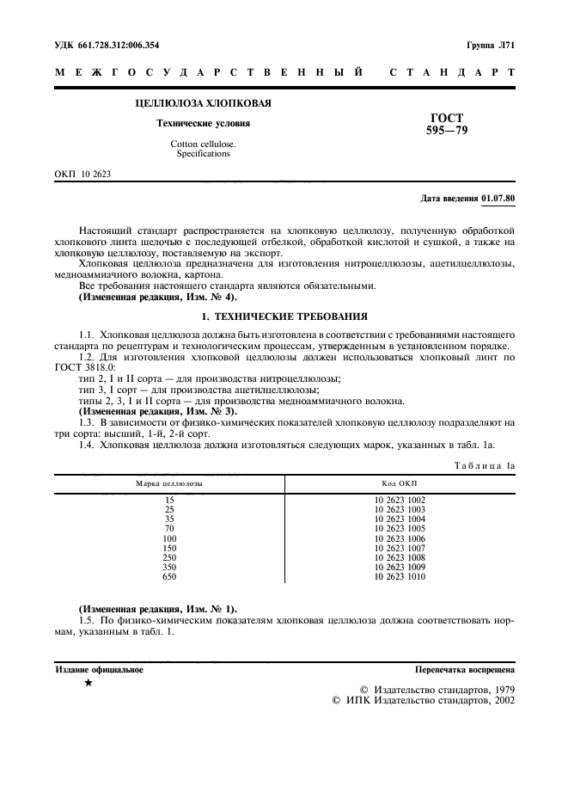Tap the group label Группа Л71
[490, 44]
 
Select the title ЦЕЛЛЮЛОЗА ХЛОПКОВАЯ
[204, 103]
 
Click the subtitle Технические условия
[204, 123]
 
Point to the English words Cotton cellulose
[204, 144]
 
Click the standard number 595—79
[447, 131]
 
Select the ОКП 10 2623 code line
[82, 175]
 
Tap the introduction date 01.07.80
[498, 199]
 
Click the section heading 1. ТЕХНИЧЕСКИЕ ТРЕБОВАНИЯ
[284, 316]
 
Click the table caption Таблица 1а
[485, 465]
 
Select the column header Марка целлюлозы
[168, 483]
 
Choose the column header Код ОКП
[400, 483]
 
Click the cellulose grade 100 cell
[168, 538]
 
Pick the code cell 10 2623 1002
[400, 500]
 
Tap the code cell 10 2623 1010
[400, 576]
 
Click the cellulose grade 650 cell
[168, 576]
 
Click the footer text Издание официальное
[100, 668]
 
